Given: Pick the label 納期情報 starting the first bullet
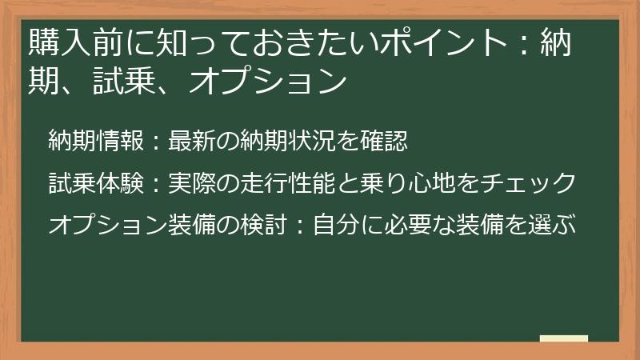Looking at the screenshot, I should pyautogui.click(x=96, y=142).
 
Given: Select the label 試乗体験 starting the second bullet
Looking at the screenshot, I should pyautogui.click(x=96, y=183).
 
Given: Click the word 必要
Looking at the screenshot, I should pyautogui.click(x=406, y=224).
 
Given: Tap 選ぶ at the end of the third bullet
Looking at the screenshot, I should pyautogui.click(x=555, y=224).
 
